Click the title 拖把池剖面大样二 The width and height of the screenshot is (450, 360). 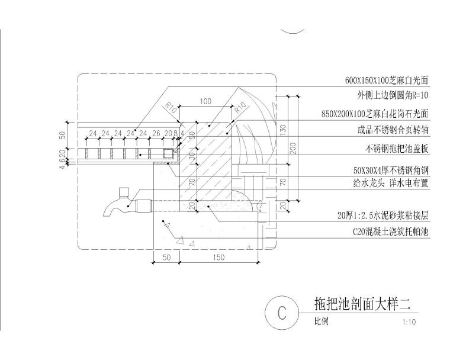coord(362,304)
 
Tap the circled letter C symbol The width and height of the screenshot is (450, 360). coord(282,312)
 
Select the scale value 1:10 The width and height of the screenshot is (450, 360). coord(409,323)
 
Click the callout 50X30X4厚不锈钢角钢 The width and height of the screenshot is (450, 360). coord(391,170)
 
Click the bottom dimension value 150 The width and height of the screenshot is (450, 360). coord(218,258)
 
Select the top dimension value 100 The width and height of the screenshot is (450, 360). coord(205,102)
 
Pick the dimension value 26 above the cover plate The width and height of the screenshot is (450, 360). coord(156,133)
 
